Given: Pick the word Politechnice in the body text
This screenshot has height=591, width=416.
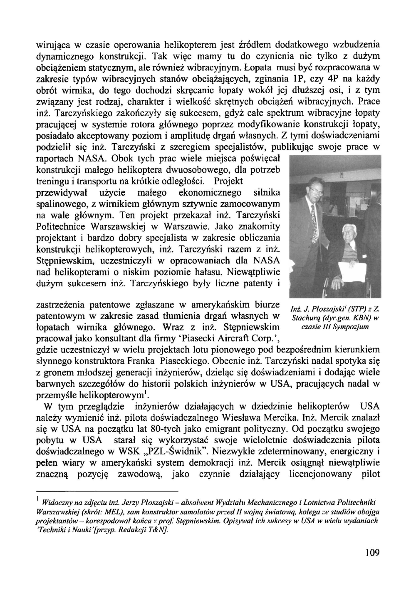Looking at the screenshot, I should coord(62,227).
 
